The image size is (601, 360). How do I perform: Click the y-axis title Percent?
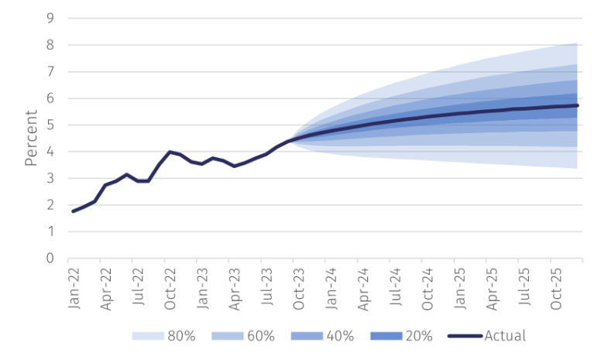click(32, 139)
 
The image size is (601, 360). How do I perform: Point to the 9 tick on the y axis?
click(51, 18)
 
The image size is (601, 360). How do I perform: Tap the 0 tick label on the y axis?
click(51, 258)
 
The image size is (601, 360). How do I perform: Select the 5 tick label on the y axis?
click(51, 125)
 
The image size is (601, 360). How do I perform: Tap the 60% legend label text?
click(262, 336)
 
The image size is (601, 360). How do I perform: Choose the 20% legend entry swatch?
click(386, 336)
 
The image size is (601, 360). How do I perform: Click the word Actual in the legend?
click(505, 336)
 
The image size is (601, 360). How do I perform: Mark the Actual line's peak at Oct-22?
click(170, 152)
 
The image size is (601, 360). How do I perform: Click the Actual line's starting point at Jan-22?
click(74, 211)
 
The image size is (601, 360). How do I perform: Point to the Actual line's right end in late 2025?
click(578, 105)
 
